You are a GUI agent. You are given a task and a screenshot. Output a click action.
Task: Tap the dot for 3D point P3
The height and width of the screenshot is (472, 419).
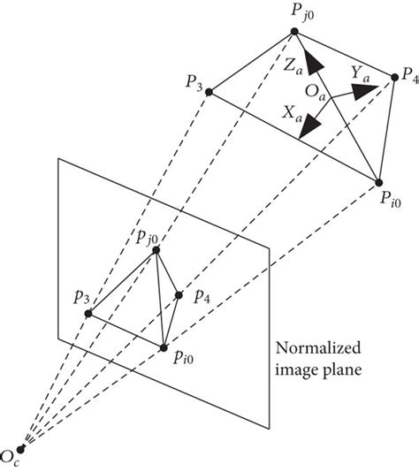pos(209,89)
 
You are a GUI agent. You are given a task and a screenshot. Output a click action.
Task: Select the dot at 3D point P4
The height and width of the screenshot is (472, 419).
pos(394,79)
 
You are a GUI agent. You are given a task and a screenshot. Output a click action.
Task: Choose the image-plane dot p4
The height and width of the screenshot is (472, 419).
pos(179,295)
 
